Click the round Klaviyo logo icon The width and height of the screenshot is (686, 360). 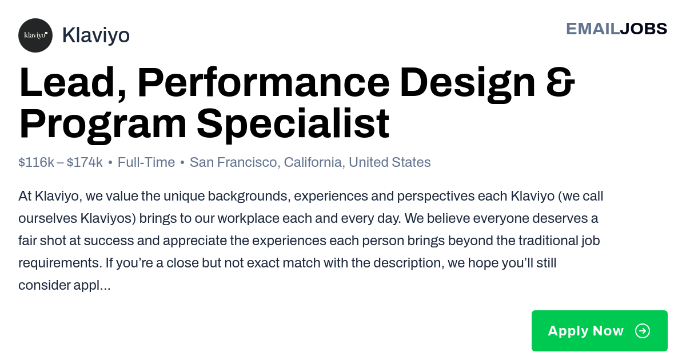35,35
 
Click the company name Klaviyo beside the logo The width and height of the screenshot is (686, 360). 96,35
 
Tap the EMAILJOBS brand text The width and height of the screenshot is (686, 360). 616,29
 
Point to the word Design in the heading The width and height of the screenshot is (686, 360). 468,84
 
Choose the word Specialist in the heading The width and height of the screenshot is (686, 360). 293,124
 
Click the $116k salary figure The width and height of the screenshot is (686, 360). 36,162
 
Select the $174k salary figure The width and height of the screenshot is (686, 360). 85,162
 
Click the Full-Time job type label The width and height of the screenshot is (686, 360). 146,162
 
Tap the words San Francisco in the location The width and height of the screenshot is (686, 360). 233,162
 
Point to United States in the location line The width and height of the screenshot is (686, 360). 389,162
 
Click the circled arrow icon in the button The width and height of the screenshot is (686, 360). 643,331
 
